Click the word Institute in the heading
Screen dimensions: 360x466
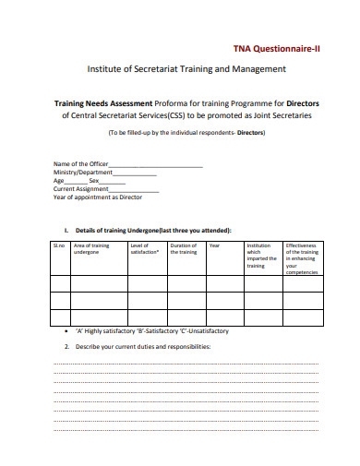(107, 68)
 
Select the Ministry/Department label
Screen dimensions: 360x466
(83, 172)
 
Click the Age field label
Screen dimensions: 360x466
(59, 180)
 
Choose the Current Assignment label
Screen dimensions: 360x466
(84, 188)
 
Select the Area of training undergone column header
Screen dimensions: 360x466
(93, 249)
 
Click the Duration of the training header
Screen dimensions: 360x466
(185, 249)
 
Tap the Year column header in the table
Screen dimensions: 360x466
(214, 245)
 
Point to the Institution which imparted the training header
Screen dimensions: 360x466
(261, 256)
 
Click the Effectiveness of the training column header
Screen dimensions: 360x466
(302, 259)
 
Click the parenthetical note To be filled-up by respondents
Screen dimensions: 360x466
(186, 132)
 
